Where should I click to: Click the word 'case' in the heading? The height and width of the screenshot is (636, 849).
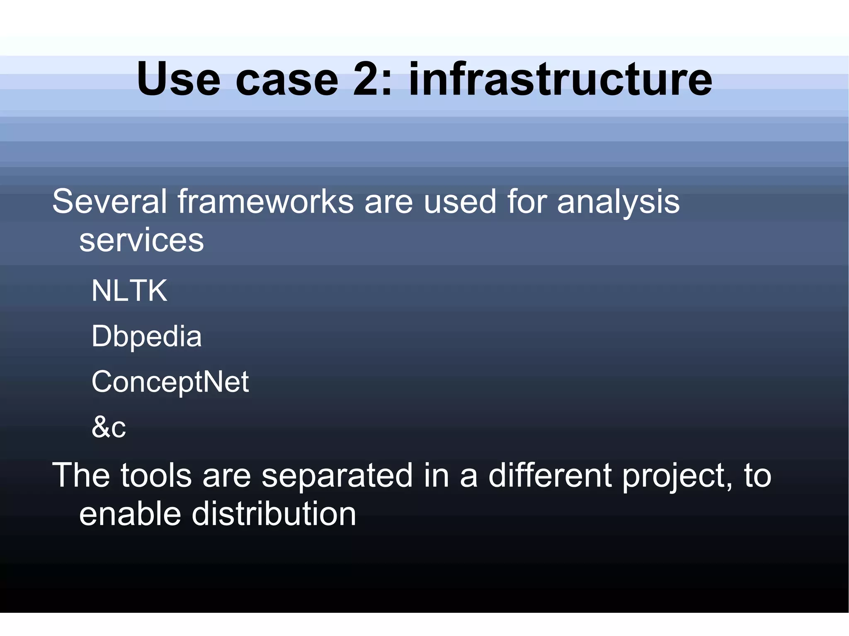287,80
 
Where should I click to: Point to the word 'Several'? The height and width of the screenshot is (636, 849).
110,202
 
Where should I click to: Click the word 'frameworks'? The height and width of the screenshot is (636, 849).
266,202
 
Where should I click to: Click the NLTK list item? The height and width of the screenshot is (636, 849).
129,290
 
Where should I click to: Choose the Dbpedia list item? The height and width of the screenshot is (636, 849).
146,336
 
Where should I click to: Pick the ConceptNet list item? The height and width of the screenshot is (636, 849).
170,382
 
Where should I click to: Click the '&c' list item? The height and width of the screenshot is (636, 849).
109,427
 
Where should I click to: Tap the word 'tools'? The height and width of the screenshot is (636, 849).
156,475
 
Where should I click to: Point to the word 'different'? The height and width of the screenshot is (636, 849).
550,475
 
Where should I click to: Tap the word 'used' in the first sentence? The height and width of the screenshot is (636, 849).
460,202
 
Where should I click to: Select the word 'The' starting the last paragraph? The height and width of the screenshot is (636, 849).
81,475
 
